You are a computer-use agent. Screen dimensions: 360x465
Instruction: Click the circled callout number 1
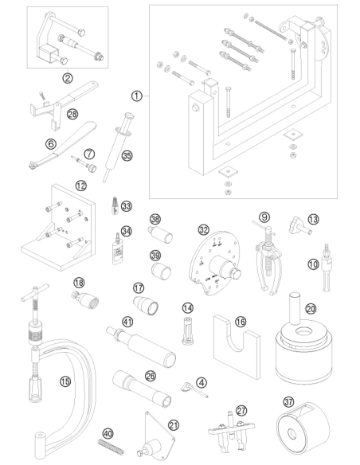(136, 96)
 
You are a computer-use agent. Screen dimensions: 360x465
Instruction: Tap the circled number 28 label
(72, 114)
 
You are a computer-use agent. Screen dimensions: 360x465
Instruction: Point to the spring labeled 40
(111, 447)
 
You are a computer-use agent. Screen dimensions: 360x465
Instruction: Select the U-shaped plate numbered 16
(237, 348)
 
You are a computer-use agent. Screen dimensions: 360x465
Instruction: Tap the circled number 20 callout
(311, 309)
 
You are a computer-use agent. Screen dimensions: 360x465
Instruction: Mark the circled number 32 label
(203, 229)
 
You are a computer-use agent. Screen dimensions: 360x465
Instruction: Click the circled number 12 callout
(80, 186)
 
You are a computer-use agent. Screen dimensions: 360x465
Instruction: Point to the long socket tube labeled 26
(142, 388)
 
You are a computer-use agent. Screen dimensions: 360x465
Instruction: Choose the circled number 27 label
(241, 410)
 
